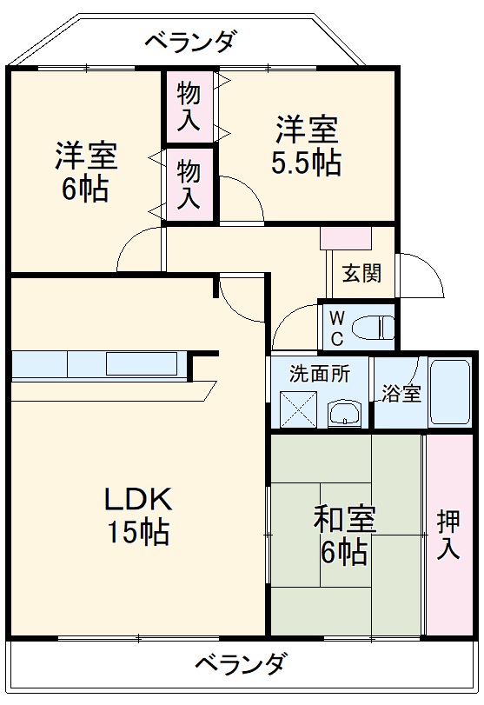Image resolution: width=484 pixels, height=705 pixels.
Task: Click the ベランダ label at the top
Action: (189, 40)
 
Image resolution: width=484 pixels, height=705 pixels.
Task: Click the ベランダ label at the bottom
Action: (239, 664)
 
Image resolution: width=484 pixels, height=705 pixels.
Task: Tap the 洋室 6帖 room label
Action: (85, 171)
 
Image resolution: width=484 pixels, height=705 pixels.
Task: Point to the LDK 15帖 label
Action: (138, 515)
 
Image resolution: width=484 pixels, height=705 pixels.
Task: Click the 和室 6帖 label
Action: (345, 535)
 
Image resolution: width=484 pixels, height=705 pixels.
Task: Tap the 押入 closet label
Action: (448, 535)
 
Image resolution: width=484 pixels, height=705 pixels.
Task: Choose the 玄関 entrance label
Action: (361, 273)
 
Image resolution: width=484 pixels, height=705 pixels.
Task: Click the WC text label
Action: (336, 325)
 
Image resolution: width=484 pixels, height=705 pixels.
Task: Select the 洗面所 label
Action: (320, 375)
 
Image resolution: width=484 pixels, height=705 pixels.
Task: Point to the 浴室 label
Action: (401, 393)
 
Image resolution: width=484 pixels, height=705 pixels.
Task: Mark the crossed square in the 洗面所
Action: (299, 408)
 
